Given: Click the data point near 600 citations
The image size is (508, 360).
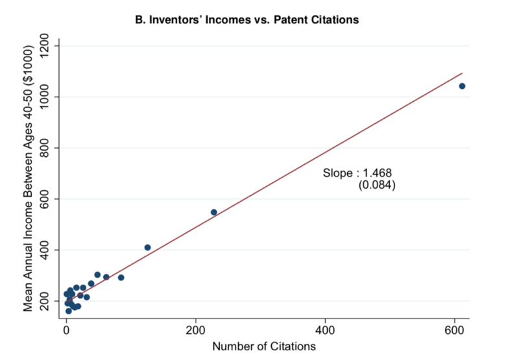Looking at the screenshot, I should [462, 86].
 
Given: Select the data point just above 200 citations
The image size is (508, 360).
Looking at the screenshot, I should [213, 212].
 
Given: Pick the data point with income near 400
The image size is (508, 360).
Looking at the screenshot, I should [147, 247].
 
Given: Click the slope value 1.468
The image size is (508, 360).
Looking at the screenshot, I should [378, 173].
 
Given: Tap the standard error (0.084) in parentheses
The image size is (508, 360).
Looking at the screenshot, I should [377, 185].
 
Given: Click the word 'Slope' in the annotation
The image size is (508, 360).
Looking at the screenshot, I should [337, 173].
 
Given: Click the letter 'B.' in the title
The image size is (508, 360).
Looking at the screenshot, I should [139, 20].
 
